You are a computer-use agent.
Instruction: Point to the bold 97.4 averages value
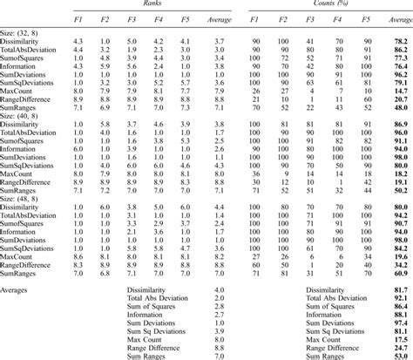coord(401,322)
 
